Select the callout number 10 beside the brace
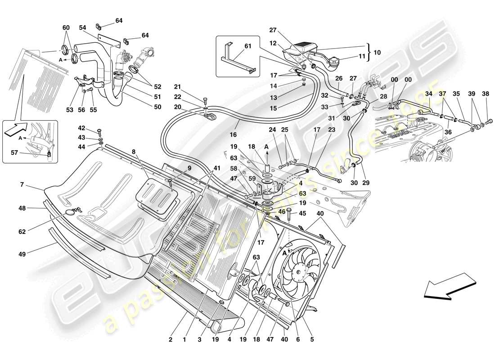coord(377,52)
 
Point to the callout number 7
coord(21,185)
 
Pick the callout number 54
coord(83,28)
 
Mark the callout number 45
coord(302,213)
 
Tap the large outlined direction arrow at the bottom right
coord(450,288)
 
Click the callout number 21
coord(177,87)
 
